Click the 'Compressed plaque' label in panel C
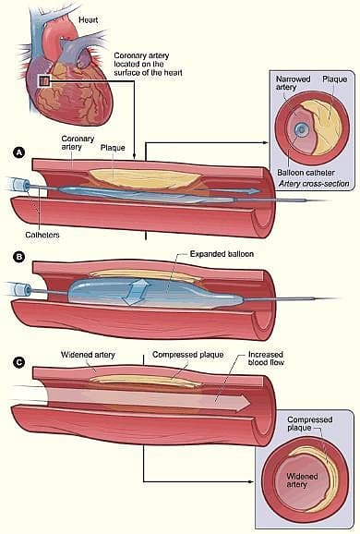pyautogui.click(x=183, y=354)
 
